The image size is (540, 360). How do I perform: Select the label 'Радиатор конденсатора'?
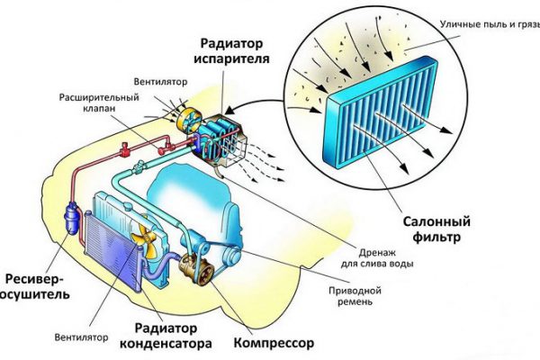[174, 334]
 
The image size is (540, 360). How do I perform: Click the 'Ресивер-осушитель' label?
[37, 285]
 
